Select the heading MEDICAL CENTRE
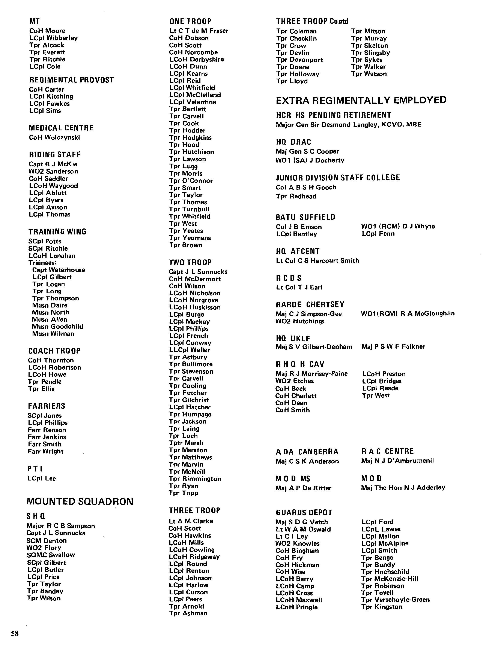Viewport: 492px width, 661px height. [x=61, y=128]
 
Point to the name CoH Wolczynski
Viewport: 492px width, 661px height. [x=54, y=137]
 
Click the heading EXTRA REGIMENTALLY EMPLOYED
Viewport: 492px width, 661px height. [x=361, y=100]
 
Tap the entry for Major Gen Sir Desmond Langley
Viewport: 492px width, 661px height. [x=348, y=125]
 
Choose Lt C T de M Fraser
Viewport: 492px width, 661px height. [x=199, y=31]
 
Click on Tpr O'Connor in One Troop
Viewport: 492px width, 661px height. [x=191, y=181]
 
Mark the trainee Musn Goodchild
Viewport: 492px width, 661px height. [x=57, y=326]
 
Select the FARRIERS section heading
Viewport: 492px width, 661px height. [x=47, y=406]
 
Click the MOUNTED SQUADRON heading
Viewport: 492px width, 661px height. [x=80, y=501]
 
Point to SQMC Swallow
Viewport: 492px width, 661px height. [x=51, y=555]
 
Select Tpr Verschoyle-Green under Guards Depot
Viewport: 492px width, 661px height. [x=395, y=600]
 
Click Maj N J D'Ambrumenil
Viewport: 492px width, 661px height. [x=397, y=461]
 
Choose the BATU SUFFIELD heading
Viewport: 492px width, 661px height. [x=305, y=217]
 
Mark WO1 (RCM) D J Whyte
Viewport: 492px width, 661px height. [x=398, y=226]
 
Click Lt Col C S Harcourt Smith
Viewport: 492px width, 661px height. [x=317, y=261]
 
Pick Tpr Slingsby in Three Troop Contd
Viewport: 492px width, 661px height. [x=370, y=53]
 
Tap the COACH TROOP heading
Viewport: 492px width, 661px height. [x=54, y=351]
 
